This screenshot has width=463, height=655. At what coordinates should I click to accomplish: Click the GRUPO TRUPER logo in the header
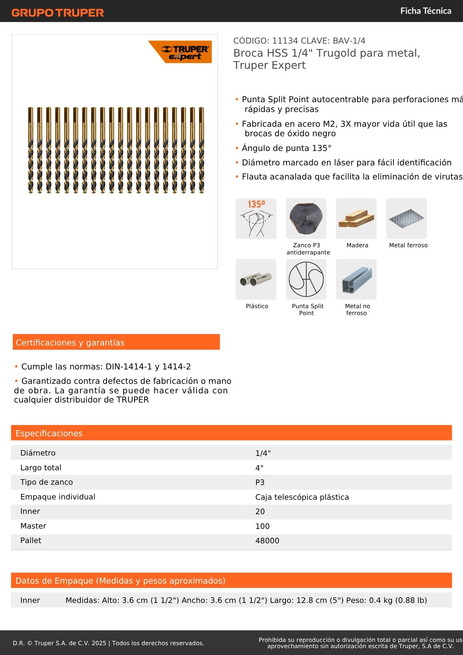tap(58, 13)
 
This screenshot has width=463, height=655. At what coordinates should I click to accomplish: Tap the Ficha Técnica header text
tap(425, 11)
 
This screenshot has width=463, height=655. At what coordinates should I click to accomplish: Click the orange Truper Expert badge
tap(182, 52)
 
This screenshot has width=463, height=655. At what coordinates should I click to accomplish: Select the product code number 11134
tap(285, 41)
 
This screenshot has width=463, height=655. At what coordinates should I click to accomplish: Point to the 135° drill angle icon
tap(256, 218)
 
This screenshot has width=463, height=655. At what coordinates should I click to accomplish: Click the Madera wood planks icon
tap(356, 218)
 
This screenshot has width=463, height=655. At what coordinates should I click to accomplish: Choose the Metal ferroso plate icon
tap(406, 218)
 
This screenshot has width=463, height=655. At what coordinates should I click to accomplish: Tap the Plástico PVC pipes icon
tap(256, 279)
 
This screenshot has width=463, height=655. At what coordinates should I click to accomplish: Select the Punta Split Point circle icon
tap(306, 279)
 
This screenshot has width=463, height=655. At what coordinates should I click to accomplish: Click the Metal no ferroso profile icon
tap(356, 279)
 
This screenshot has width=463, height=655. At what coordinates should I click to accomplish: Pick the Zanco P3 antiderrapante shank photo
tap(306, 218)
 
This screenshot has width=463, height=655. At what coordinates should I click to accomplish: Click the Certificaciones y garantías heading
tap(70, 343)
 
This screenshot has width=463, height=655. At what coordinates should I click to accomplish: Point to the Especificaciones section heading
tap(49, 433)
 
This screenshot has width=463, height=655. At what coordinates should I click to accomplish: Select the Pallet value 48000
tap(267, 541)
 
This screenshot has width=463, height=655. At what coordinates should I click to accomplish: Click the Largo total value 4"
tap(259, 468)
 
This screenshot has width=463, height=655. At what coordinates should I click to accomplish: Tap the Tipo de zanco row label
tap(46, 482)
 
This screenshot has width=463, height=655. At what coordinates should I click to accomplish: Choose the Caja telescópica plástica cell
tap(302, 497)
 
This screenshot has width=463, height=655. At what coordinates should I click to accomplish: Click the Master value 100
tap(262, 526)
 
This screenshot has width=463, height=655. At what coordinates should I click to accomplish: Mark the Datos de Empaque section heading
tap(120, 581)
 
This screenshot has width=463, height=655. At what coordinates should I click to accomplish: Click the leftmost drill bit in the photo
tap(30, 150)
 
